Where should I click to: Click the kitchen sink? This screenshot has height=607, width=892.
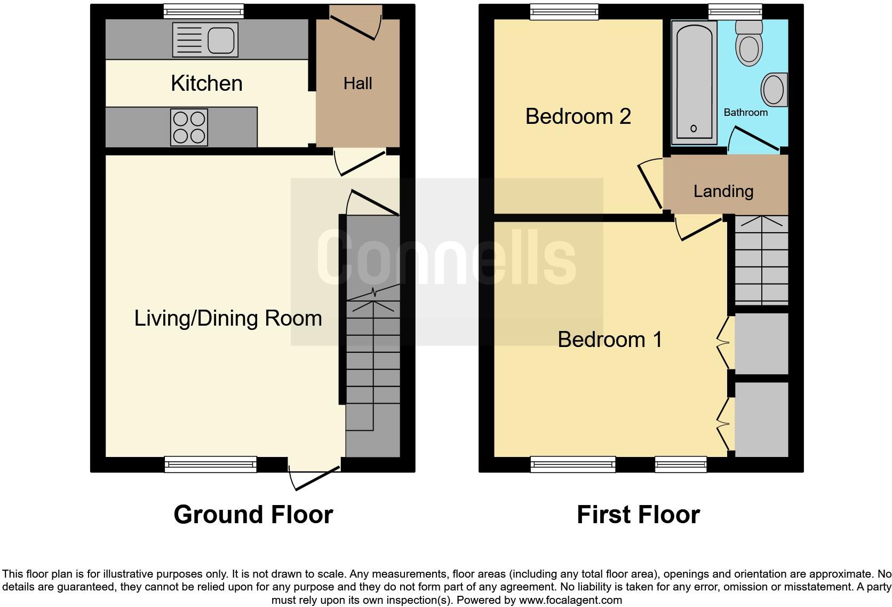[x=205, y=40]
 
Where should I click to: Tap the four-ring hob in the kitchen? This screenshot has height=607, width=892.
[x=189, y=127]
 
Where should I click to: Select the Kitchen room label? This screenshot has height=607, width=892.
[x=206, y=84]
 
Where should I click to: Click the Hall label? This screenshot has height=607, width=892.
[x=357, y=83]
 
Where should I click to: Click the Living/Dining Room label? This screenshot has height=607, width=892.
[x=228, y=318]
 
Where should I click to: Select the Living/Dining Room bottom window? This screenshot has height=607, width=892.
[x=211, y=464]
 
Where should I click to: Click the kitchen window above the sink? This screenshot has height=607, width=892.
[x=203, y=11]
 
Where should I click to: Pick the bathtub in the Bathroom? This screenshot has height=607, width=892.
[x=694, y=82]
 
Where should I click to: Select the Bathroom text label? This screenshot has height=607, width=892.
[x=745, y=113]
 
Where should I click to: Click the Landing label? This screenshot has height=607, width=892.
[x=723, y=191]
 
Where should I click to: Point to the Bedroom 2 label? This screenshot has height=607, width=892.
[x=578, y=116]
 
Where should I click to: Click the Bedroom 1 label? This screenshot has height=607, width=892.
[x=610, y=340]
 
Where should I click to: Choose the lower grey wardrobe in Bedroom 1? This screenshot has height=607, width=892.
[x=761, y=419]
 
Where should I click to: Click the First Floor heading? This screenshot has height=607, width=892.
[x=638, y=515]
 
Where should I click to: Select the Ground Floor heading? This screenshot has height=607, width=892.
[x=253, y=515]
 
